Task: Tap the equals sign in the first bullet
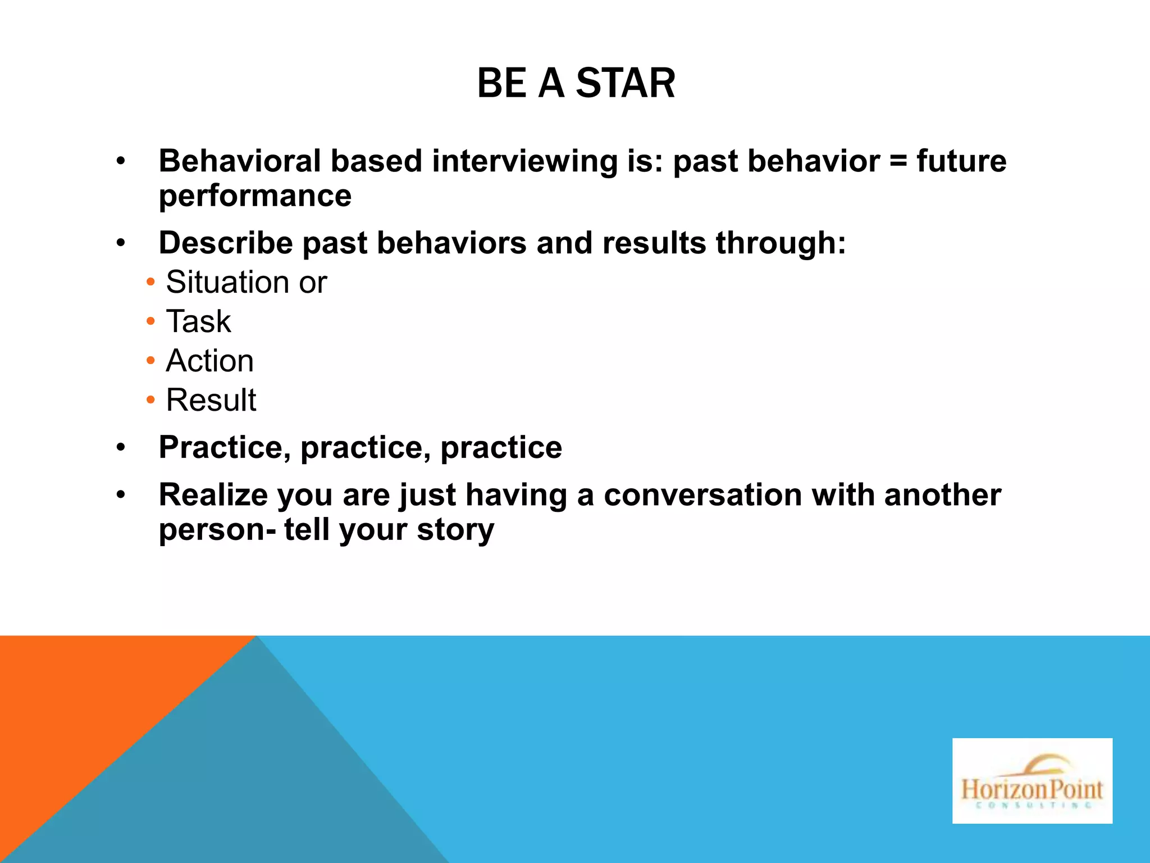point(898,161)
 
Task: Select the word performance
point(255,196)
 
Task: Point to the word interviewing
point(524,161)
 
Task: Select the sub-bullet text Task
point(198,321)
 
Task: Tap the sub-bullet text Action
point(209,361)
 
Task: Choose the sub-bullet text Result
point(211,400)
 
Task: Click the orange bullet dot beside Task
point(150,322)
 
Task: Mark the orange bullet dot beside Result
point(150,400)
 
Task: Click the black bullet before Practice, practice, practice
point(121,448)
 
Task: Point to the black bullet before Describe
point(121,244)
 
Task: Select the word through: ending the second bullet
point(781,243)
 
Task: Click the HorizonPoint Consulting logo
point(1032,780)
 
